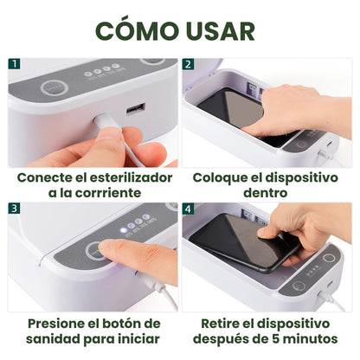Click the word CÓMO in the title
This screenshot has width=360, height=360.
pyautogui.click(x=137, y=29)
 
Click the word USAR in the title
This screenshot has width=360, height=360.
pyautogui.click(x=221, y=31)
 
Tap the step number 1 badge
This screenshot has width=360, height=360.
pyautogui.click(x=14, y=64)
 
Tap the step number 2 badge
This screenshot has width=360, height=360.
pyautogui.click(x=188, y=64)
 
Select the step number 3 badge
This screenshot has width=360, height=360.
pyautogui.click(x=14, y=209)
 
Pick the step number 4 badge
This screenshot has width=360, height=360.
pyautogui.click(x=188, y=209)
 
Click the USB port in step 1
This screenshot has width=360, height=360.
pyautogui.click(x=135, y=109)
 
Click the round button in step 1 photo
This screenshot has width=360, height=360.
pyautogui.click(x=55, y=88)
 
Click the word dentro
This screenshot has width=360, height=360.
pyautogui.click(x=266, y=193)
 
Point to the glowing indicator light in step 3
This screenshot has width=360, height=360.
pyautogui.click(x=124, y=230)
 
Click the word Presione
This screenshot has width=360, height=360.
pyautogui.click(x=57, y=324)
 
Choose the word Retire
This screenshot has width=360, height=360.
pyautogui.click(x=218, y=324)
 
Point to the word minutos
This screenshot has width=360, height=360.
pyautogui.click(x=311, y=339)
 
